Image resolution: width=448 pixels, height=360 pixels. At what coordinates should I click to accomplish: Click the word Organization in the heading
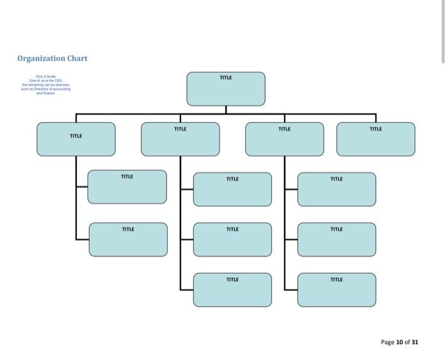41,58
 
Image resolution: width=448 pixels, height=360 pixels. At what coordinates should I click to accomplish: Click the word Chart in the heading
77,58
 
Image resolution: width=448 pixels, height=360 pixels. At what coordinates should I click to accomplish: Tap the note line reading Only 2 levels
45,76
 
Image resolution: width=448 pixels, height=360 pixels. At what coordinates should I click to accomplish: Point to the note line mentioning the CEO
45,80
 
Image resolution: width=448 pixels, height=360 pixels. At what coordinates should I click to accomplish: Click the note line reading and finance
45,93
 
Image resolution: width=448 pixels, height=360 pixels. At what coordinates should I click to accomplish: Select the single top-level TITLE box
226,89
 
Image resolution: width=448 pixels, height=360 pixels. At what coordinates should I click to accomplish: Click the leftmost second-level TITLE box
76,139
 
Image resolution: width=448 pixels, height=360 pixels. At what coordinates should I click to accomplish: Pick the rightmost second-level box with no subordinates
376,139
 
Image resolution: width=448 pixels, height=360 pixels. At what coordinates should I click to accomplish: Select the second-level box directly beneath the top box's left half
180,139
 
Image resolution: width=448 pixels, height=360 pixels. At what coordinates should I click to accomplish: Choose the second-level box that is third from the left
285,139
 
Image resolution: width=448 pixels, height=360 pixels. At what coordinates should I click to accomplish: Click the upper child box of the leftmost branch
127,187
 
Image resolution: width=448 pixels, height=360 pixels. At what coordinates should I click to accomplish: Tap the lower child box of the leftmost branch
128,240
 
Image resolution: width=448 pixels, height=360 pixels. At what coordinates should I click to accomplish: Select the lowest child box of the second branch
232,290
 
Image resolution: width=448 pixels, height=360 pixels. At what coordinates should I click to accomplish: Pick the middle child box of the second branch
232,240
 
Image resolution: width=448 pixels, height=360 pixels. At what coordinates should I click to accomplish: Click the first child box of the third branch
337,189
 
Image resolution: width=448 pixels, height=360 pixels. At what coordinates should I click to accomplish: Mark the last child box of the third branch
337,290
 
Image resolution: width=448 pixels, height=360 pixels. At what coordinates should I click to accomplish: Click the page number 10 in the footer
399,342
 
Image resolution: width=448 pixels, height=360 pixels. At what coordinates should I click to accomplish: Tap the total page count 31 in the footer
414,342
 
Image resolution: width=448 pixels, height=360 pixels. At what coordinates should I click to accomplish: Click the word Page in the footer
387,342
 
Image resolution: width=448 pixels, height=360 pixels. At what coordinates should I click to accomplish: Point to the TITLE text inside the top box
226,78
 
